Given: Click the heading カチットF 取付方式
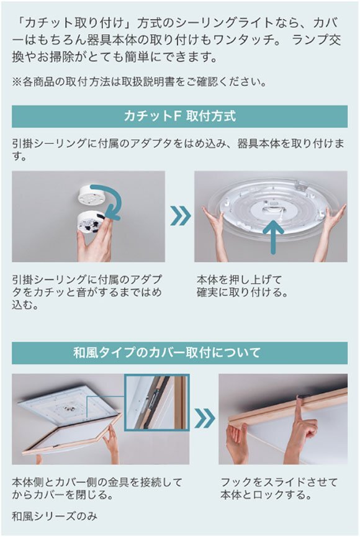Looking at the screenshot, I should point(179,117).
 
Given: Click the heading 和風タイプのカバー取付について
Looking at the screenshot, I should point(179,353).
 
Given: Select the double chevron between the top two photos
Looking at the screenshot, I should point(180,216).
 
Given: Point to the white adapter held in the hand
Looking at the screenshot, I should point(93,223).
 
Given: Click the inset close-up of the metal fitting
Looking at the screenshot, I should point(157,402).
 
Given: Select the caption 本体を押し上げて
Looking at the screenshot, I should point(235,279).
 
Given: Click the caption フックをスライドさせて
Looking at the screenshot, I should point(279,482).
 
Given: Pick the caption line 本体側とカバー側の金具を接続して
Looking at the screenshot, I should point(97,482).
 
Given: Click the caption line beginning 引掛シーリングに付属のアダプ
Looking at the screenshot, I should point(87,279).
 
